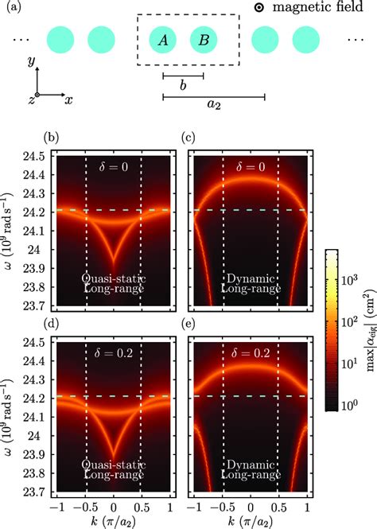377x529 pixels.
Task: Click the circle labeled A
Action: click(162, 41)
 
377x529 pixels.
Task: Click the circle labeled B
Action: click(204, 41)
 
